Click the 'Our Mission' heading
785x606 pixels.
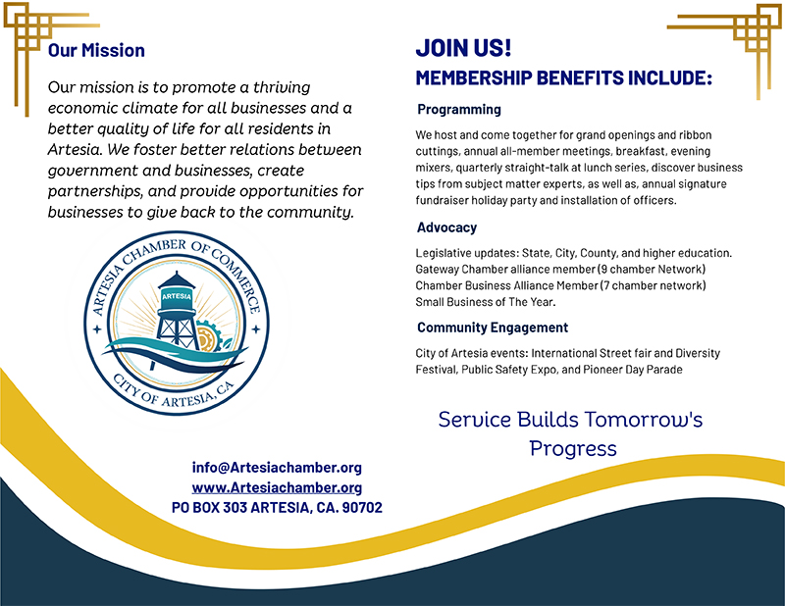[x=96, y=51]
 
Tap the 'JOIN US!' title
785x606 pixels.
[x=463, y=48]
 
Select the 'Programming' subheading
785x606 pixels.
[x=459, y=109]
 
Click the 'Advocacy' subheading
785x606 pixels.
[x=446, y=227]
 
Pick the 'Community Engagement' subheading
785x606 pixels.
[x=493, y=328]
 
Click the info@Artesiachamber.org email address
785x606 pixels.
[x=277, y=468]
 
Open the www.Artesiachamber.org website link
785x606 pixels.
[x=277, y=487]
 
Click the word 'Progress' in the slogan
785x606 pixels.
[x=573, y=449]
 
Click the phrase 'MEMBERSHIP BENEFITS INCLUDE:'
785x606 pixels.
[x=563, y=78]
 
